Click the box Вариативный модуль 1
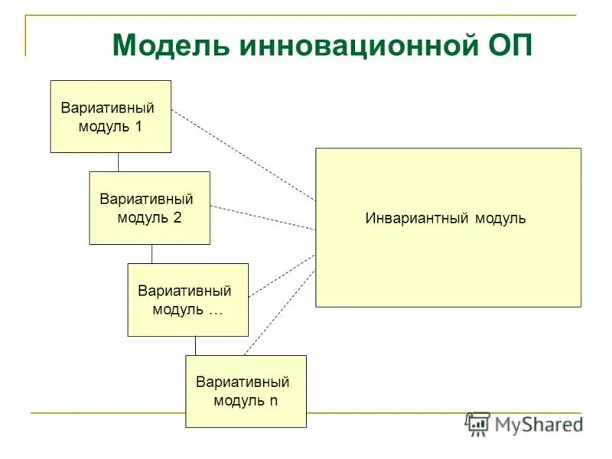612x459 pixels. [111, 116]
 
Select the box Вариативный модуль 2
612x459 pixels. [150, 208]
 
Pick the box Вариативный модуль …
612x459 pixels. [188, 300]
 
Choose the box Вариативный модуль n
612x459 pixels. [246, 391]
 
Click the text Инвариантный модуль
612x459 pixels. [445, 219]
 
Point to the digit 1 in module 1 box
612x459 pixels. [138, 126]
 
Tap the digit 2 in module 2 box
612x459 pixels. [177, 218]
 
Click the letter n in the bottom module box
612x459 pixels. [273, 400]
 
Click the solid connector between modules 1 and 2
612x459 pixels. [118, 162]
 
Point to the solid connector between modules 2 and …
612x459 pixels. [151, 254]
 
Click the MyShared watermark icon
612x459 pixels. [477, 423]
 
